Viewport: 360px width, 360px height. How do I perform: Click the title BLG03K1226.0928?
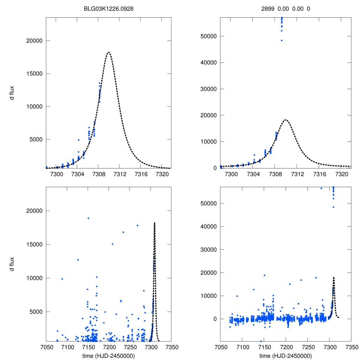pos(108,8)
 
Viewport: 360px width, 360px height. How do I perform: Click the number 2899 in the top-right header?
pos(271,8)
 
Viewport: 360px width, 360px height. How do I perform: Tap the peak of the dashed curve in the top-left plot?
pos(109,52)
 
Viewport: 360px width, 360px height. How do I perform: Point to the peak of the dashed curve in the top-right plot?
pos(286,120)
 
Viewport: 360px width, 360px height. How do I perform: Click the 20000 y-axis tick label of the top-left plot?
pos(34,41)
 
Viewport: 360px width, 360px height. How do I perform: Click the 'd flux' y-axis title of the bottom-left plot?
pos(12,264)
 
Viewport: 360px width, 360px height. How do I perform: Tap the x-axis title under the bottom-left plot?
pos(108,356)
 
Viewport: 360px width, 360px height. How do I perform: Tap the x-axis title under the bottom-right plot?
pos(286,356)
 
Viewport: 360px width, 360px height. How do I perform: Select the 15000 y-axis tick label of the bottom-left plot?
pos(34,244)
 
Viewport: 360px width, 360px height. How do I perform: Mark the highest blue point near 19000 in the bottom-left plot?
pos(88,218)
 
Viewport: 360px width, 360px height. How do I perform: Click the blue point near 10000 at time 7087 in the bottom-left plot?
pos(62,279)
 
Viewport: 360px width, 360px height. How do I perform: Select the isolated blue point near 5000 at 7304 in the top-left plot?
pos(78,140)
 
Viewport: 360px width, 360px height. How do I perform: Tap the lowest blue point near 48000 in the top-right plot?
pos(282,40)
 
